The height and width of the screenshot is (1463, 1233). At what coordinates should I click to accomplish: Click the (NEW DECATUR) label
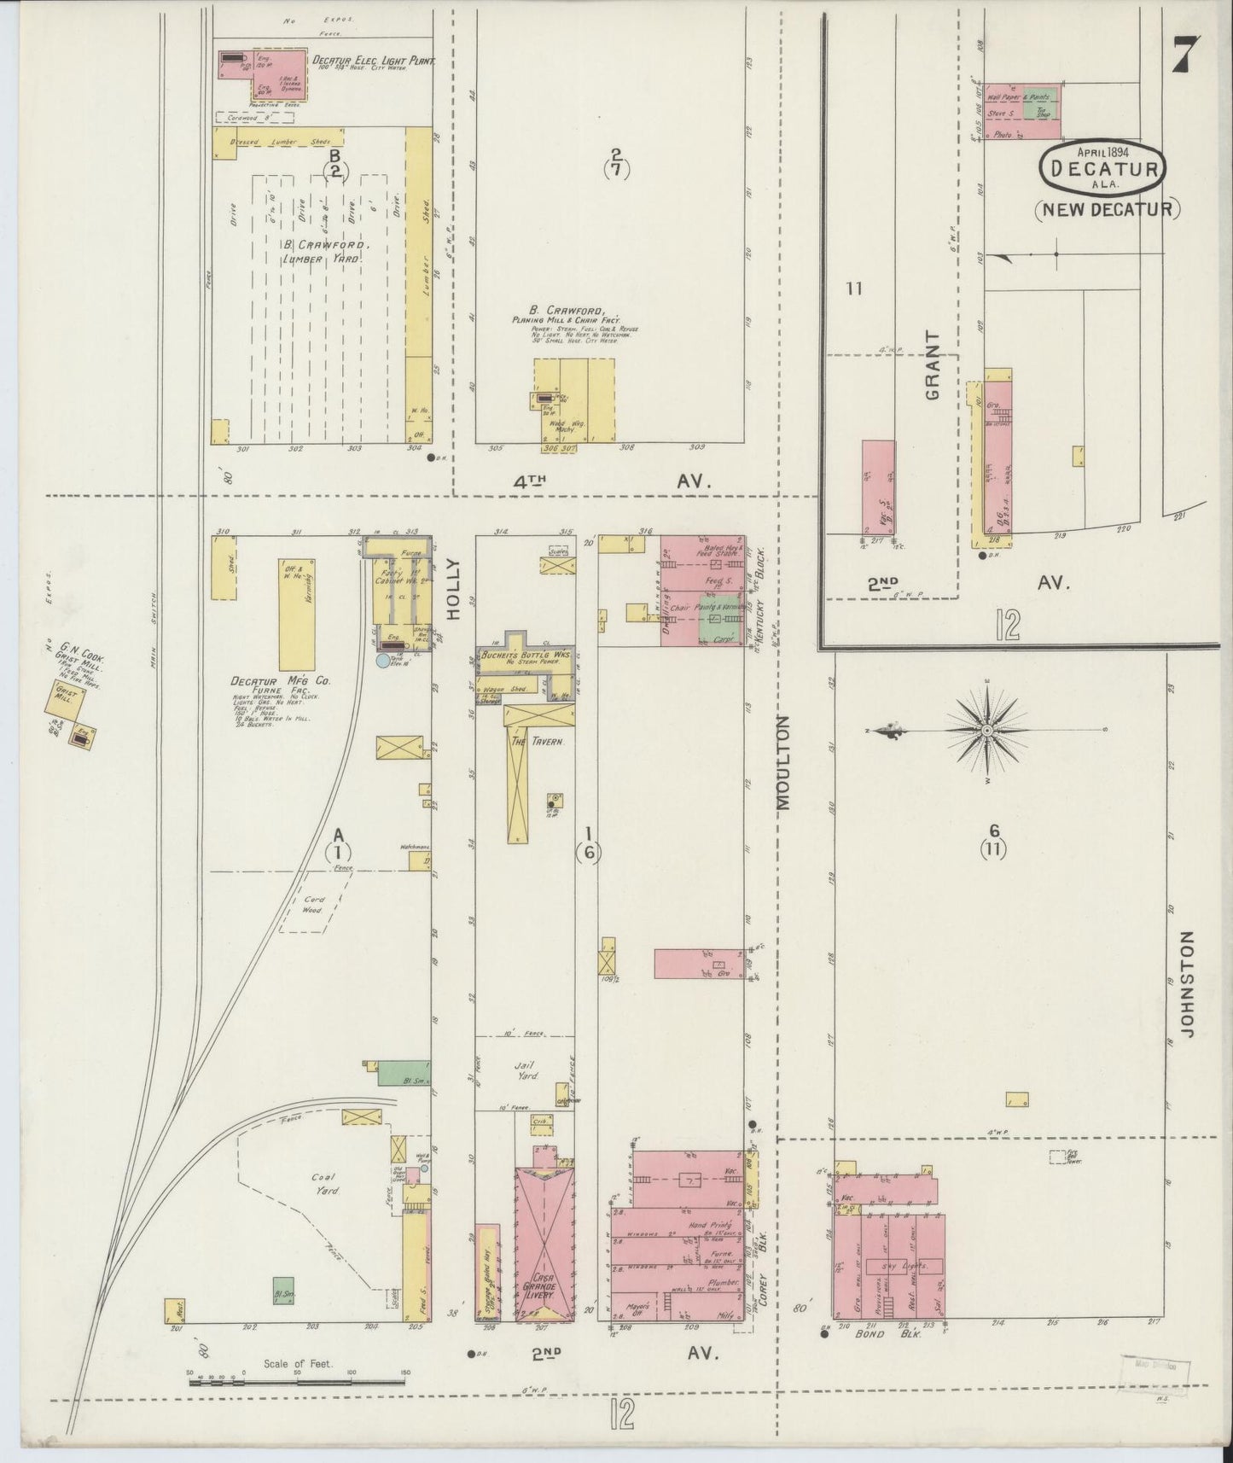pos(1108,208)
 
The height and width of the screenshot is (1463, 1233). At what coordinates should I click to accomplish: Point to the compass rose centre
pos(986,731)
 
